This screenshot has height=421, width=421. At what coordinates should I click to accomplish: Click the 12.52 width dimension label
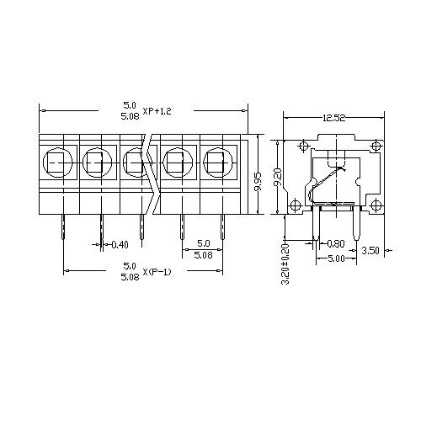(x=332, y=119)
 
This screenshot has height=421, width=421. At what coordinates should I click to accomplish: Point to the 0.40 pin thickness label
(x=120, y=245)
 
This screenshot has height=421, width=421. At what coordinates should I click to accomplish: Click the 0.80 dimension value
(x=334, y=244)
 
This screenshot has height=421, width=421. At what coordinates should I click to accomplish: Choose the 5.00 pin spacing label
(x=336, y=259)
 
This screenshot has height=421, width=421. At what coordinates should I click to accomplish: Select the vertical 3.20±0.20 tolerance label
(x=284, y=264)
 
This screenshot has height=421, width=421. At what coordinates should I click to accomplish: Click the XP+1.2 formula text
(x=157, y=110)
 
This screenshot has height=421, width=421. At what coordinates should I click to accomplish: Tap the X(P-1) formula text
(x=157, y=271)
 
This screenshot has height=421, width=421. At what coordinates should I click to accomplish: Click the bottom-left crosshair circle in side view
(x=296, y=205)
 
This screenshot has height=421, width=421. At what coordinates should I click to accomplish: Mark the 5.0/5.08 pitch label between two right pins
(x=203, y=248)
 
